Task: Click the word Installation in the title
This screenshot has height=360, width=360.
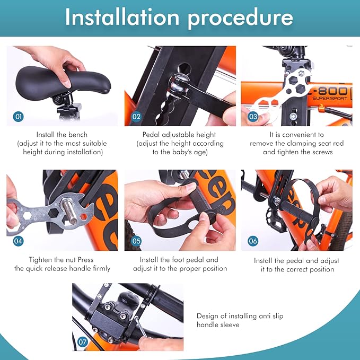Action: coord(122,17)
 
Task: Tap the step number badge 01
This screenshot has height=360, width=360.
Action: coord(18,117)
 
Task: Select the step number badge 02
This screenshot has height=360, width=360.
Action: coord(136,117)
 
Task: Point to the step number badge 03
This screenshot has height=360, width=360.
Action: coord(253,117)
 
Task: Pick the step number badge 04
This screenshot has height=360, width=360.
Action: coord(18,241)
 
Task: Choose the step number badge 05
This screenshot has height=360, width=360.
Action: coord(136,241)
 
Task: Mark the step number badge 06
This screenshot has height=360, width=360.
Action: coord(253,241)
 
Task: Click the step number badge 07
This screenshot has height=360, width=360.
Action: coord(83,342)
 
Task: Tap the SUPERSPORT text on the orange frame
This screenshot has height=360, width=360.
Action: coord(330,99)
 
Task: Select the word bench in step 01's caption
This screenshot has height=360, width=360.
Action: coord(78,134)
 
